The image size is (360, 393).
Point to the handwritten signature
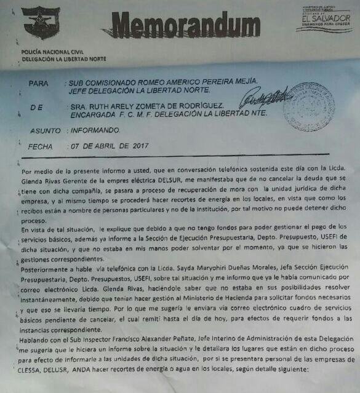pos(265,98)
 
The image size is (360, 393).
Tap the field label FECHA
pos(42,147)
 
